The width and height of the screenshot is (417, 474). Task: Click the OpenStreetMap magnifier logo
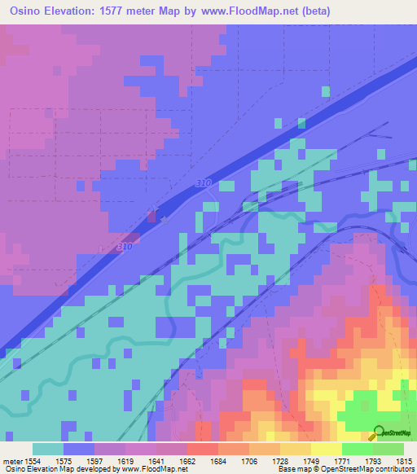coord(378,432)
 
